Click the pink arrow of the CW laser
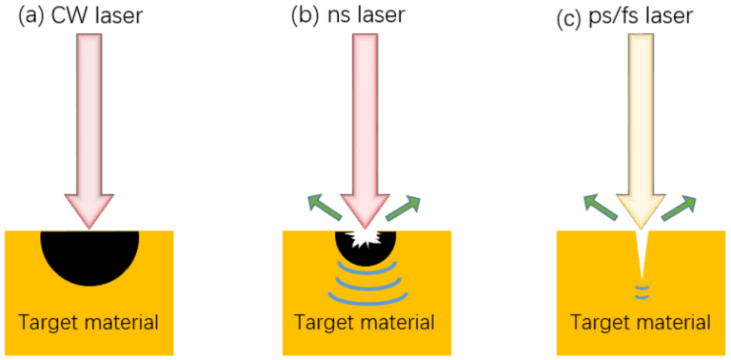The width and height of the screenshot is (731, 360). pos(89,124)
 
